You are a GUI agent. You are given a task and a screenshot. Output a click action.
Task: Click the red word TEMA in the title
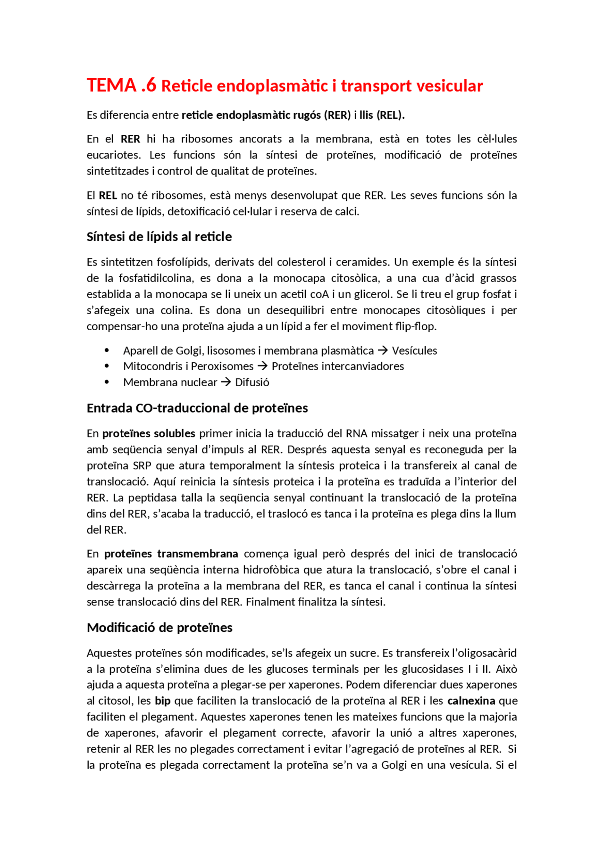coord(111,85)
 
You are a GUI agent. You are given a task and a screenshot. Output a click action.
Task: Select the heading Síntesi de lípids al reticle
coord(159,236)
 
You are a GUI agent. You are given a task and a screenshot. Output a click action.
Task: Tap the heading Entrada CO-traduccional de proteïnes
coord(197,408)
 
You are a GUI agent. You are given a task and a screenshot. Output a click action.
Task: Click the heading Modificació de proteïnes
coord(159,627)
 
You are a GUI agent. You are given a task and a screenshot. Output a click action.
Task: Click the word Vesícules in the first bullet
coord(414,350)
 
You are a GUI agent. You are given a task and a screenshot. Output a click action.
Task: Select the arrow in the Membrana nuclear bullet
coord(226,382)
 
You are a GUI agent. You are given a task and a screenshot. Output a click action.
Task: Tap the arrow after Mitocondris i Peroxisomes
coord(262,366)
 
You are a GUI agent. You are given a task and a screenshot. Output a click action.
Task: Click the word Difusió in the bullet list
coord(252,382)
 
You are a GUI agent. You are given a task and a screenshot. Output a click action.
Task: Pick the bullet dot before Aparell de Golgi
coord(107,350)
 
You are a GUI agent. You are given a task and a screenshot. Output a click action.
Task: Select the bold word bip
coord(162,701)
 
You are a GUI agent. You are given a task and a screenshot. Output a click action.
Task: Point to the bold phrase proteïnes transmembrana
coord(171,554)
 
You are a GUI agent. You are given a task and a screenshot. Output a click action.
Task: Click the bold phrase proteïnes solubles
coord(149,433)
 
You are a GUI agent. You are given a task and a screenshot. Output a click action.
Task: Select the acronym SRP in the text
coord(142,465)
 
